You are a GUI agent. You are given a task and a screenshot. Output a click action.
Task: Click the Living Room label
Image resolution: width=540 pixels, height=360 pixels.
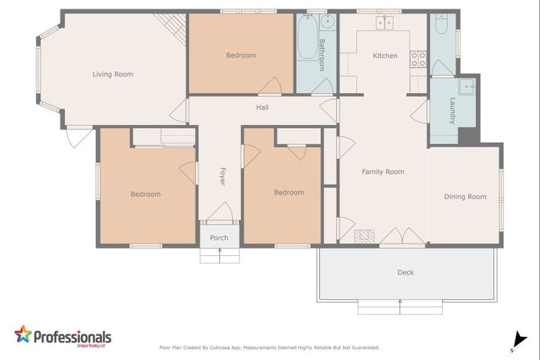click(x=112, y=74)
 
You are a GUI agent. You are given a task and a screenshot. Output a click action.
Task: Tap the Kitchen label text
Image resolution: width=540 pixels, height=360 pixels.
click(x=385, y=56)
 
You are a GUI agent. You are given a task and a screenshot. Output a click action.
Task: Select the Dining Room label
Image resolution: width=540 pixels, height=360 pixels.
click(x=465, y=197)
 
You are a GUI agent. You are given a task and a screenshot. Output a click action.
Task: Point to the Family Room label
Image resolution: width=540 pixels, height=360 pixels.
click(x=382, y=172)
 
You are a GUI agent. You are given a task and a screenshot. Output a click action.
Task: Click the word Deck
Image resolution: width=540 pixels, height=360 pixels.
click(x=406, y=272)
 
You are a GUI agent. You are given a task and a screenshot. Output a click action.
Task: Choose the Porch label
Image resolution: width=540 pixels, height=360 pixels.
click(x=219, y=238)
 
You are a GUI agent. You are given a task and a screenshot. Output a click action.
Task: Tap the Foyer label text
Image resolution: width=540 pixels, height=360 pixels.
click(x=222, y=176)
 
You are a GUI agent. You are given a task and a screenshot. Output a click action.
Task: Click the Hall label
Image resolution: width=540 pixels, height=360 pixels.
click(x=262, y=108)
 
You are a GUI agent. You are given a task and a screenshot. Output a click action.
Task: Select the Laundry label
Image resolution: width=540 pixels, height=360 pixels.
click(x=453, y=110)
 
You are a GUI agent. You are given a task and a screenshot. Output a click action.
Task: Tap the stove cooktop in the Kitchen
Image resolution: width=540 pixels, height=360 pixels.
click(x=418, y=59)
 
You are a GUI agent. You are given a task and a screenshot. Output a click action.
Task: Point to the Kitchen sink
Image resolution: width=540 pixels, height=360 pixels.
click(x=384, y=22)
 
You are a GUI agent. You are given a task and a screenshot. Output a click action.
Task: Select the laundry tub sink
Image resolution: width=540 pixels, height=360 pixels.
click(x=467, y=87)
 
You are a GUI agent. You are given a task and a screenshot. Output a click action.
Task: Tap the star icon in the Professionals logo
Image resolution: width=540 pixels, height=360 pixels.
click(x=23, y=334)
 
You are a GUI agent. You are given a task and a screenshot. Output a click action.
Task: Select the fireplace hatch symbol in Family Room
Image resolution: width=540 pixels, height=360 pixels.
click(x=362, y=236)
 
